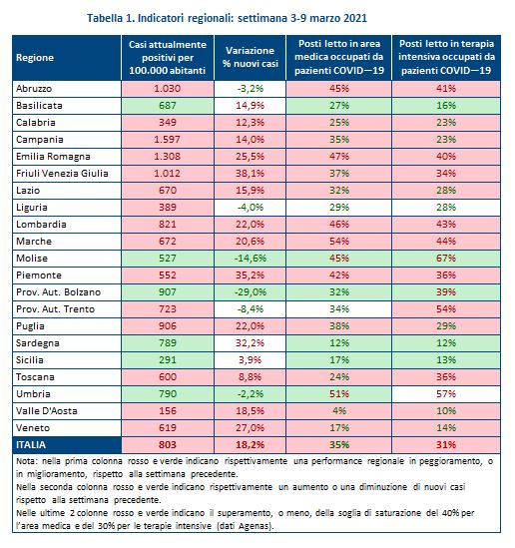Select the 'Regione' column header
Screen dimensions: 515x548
click(35, 58)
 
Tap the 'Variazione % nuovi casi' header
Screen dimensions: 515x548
click(251, 57)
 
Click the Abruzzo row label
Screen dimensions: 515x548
click(34, 89)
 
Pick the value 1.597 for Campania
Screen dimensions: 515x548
click(168, 140)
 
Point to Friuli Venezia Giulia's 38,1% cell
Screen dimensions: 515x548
click(251, 174)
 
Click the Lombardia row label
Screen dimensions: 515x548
click(41, 225)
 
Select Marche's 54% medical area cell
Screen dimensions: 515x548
click(339, 242)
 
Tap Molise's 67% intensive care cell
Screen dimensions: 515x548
click(446, 259)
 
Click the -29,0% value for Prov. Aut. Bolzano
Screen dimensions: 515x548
click(251, 292)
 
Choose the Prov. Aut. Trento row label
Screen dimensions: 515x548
click(56, 309)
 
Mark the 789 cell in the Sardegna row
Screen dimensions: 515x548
click(168, 343)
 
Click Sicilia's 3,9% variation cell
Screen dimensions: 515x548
click(251, 360)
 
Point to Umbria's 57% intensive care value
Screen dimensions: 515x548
click(446, 394)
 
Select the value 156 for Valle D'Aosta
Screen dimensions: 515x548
click(168, 411)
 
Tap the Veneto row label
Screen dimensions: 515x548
click(33, 428)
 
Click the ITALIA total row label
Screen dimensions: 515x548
click(31, 445)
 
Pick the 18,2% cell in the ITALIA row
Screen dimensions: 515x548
click(251, 445)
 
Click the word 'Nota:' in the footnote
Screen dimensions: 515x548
click(26, 461)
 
